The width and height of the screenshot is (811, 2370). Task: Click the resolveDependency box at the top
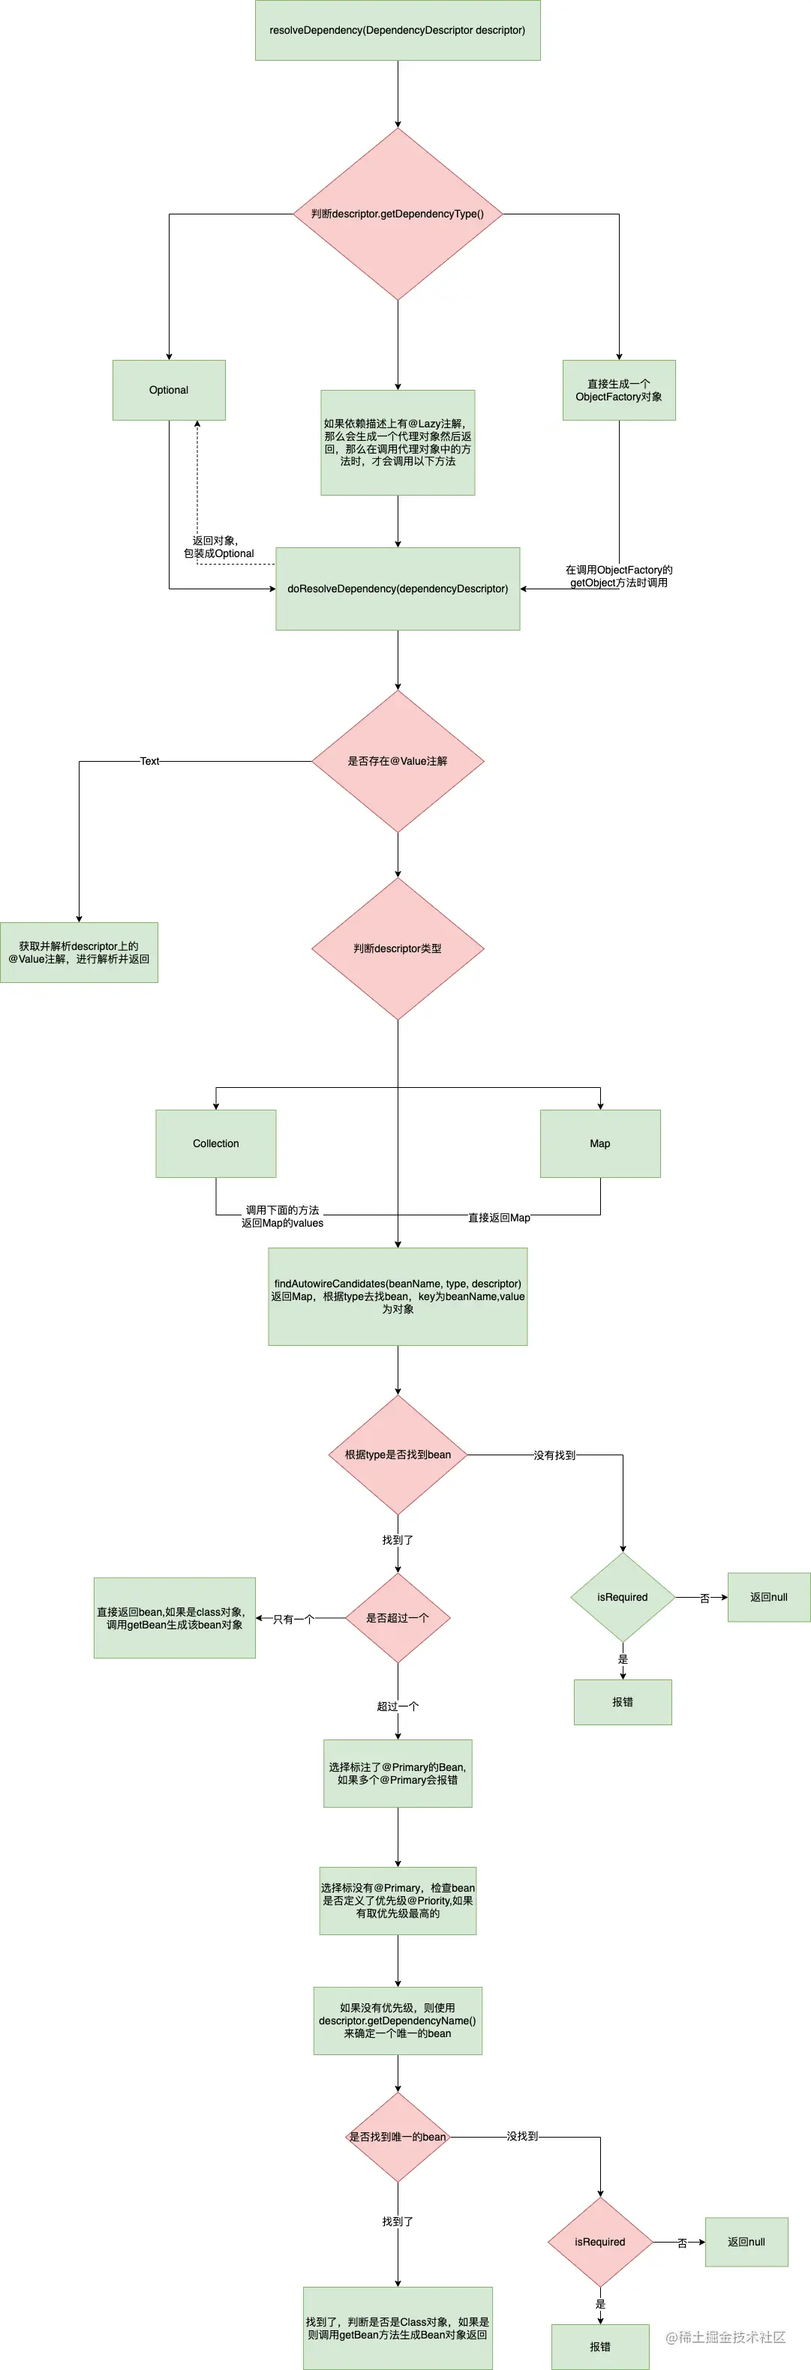pos(397,30)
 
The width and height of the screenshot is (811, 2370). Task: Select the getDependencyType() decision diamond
pos(397,214)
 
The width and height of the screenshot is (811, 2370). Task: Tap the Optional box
pos(169,390)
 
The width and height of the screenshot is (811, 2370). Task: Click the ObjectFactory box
pos(619,390)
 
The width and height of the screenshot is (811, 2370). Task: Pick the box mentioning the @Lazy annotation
pos(397,442)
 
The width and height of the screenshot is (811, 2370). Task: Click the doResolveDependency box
pos(397,589)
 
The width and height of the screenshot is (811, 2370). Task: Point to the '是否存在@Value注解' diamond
pos(397,761)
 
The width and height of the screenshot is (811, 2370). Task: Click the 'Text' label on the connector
pos(149,761)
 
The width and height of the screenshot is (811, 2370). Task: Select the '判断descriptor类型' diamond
pos(397,948)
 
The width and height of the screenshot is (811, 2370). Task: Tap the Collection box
pos(215,1143)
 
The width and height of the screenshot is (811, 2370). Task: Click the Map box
pos(599,1143)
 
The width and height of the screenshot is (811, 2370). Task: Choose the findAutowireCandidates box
pos(397,1296)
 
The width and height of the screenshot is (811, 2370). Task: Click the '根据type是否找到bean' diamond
pos(397,1455)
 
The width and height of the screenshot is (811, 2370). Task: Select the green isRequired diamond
pos(622,1597)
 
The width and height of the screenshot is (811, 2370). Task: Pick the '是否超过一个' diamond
pos(397,1617)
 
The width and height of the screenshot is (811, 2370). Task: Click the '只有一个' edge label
pos(293,1619)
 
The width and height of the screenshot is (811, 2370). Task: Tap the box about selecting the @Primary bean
pos(397,1773)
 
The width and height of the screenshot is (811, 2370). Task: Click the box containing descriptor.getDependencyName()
pos(397,2021)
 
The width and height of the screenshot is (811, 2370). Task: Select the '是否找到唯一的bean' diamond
pos(397,2136)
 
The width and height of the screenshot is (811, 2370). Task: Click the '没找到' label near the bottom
pos(522,2136)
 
